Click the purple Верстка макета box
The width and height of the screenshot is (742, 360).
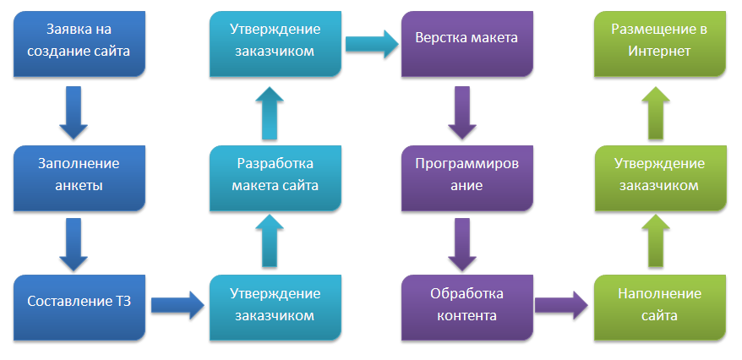coord(467,41)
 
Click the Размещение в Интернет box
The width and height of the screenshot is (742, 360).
coord(660,41)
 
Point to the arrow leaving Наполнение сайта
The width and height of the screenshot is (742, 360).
coord(660,240)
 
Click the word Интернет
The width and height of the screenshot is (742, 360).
coord(660,52)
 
